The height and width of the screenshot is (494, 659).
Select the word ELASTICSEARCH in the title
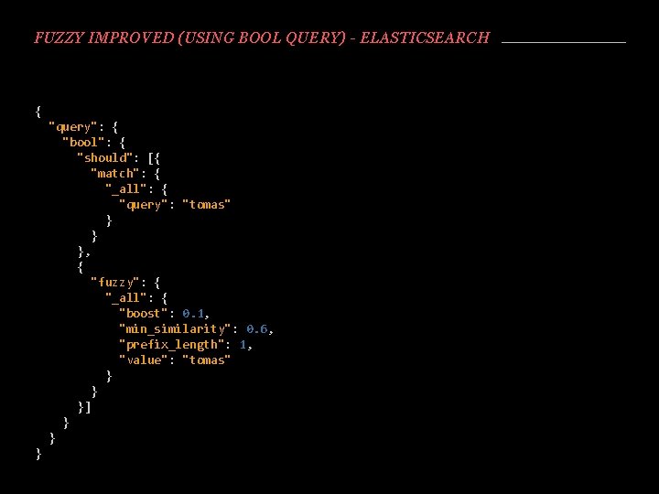426,38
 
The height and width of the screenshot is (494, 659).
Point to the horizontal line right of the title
564,42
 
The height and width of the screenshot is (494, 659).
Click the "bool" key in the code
83,142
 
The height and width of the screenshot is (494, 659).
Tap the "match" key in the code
118,173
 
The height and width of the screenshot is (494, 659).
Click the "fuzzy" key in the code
118,282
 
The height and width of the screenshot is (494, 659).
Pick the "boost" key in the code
143,313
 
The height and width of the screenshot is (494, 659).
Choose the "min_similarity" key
175,328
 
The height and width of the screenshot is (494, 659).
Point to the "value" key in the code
143,360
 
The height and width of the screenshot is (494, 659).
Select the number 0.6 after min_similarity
257,328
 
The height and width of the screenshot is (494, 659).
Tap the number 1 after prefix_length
243,344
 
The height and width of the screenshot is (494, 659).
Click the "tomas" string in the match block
207,204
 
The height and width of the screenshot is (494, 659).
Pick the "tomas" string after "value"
207,360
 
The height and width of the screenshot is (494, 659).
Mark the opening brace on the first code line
38,111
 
